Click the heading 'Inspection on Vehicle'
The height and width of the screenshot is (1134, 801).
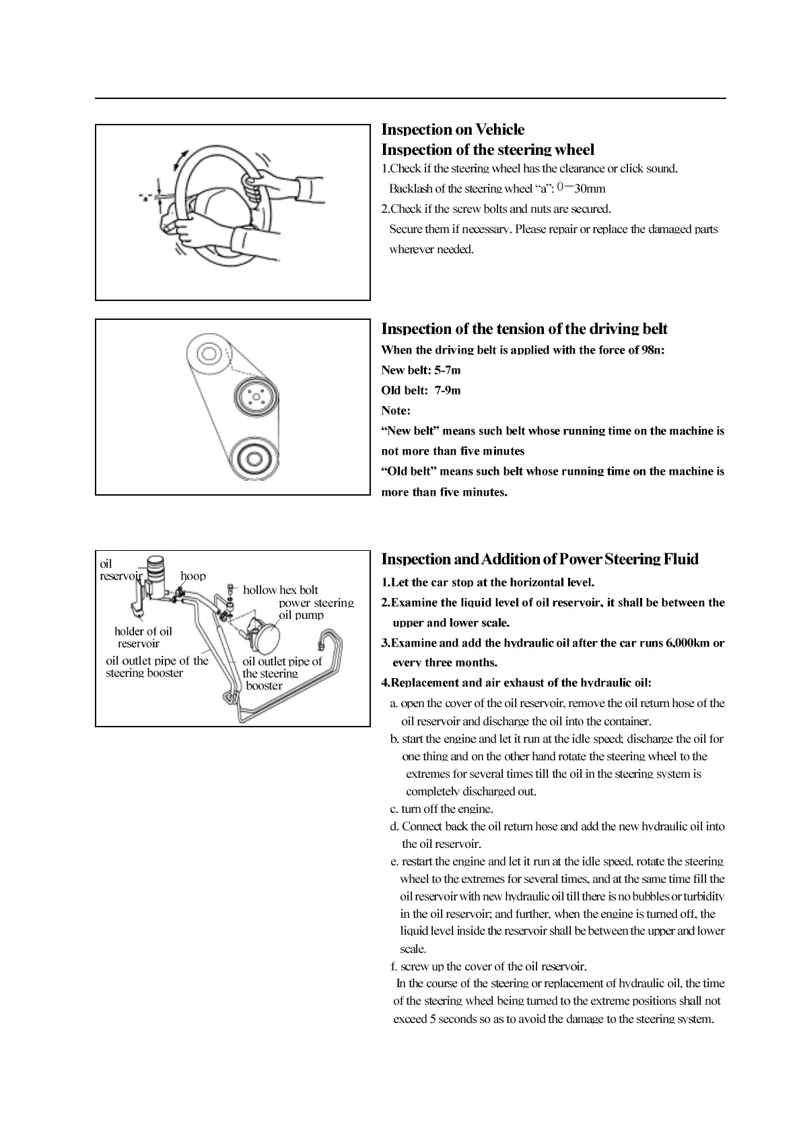coord(452,129)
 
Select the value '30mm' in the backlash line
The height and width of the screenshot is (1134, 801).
coord(590,189)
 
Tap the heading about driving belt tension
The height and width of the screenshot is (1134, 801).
coord(524,329)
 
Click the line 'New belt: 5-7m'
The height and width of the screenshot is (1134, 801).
coord(421,370)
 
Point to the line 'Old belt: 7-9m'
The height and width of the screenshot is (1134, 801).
coord(421,390)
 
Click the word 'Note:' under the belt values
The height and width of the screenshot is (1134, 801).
coord(396,410)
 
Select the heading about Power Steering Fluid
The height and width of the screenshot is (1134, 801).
coord(540,559)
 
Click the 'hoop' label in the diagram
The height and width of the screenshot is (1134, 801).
coord(193,576)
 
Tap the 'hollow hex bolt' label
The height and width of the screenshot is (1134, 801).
coord(280,590)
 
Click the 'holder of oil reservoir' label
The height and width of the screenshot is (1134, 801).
coord(143,637)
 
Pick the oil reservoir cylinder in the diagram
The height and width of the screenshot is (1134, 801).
coord(157,572)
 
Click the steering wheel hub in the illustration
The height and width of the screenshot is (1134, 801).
coord(214,209)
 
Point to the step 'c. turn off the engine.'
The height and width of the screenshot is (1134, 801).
coord(442,809)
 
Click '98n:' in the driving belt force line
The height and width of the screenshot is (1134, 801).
coord(652,349)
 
